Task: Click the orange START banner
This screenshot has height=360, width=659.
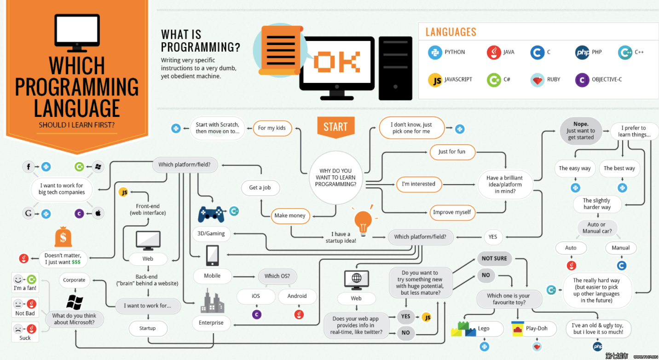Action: point(335,127)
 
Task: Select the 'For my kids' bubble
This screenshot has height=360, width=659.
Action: point(272,128)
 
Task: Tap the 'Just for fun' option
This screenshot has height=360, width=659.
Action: point(452,152)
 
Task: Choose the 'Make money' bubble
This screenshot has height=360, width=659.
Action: point(290,216)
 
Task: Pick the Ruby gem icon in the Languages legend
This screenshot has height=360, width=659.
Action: point(537,80)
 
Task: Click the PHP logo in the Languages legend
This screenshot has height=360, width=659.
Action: point(582,52)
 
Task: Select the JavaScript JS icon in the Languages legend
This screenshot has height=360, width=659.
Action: point(435,80)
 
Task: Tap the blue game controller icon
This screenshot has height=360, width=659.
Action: point(211,214)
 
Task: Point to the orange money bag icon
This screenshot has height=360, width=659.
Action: point(63,237)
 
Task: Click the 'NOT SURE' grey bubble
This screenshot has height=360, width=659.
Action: point(494,258)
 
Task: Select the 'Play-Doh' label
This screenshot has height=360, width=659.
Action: point(537,329)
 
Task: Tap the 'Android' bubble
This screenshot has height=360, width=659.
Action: point(297,296)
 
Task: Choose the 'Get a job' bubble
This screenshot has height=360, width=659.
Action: point(260,188)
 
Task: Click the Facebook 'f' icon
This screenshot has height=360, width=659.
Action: point(29,167)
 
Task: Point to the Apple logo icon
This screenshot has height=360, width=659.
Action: point(98,214)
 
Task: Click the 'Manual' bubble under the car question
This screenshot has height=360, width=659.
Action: point(621,248)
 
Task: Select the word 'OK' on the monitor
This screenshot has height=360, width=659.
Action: point(337,62)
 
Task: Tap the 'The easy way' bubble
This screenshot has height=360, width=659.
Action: point(575,168)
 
